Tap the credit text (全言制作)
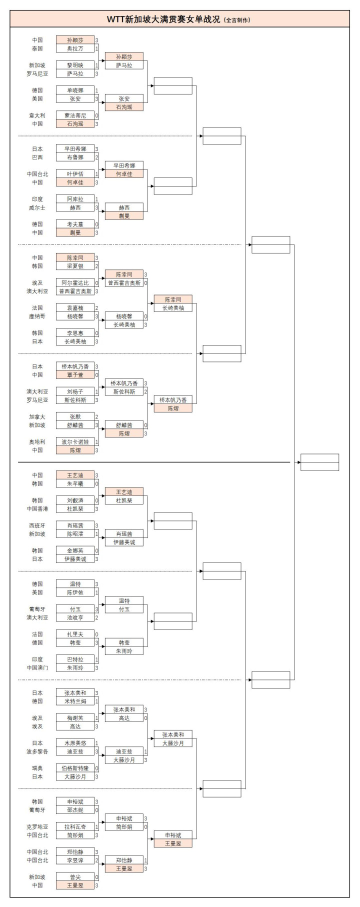pyautogui.click(x=237, y=20)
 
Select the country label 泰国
pyautogui.click(x=37, y=48)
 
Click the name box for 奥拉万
pyautogui.click(x=75, y=48)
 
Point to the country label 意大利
pyautogui.click(x=37, y=115)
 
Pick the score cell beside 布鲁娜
pyautogui.click(x=96, y=157)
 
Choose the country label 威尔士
pyautogui.click(x=37, y=207)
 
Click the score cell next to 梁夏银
pyautogui.click(x=96, y=266)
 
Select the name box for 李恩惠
pyautogui.click(x=75, y=333)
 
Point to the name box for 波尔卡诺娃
pyautogui.click(x=75, y=442)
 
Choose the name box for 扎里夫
pyautogui.click(x=75, y=634)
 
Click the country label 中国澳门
pyautogui.click(x=37, y=668)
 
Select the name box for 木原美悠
pyautogui.click(x=75, y=743)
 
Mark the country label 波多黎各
pyautogui.click(x=37, y=751)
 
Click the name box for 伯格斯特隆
pyautogui.click(x=75, y=768)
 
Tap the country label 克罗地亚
pyautogui.click(x=37, y=827)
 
